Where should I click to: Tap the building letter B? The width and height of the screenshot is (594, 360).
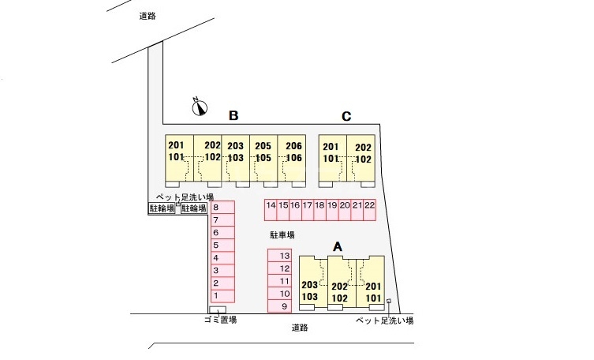pos(233,116)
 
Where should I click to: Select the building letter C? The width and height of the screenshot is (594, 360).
pos(346,116)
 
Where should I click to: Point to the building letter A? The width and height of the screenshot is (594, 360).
pos(338,246)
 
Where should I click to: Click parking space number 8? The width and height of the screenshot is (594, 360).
pos(216,208)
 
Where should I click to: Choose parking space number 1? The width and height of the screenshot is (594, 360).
pos(216,295)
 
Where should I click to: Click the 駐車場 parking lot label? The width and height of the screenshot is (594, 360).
pos(282,234)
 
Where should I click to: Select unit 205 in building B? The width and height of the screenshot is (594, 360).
pos(263,146)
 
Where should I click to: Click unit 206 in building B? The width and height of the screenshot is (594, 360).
pos(293,146)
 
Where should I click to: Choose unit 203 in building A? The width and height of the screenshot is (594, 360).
pos(309,286)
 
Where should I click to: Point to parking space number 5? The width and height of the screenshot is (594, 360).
pos(216,246)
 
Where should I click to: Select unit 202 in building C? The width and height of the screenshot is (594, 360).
pos(363,147)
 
